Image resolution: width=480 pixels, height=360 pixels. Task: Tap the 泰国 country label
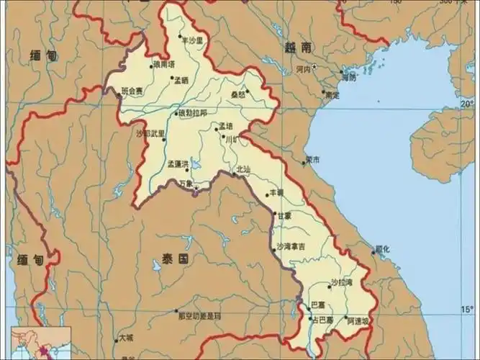pos(175,258)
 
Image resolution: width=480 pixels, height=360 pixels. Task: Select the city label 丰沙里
pos(194,40)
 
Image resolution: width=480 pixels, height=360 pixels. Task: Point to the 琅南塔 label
pos(163,65)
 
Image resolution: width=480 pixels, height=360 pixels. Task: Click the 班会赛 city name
pos(133,91)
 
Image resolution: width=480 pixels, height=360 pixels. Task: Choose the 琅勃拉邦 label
pos(193,114)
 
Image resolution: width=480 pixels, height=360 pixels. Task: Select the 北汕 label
pos(243,170)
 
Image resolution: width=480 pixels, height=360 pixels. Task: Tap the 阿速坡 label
pos(358,320)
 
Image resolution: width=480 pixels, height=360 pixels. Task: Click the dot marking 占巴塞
pos(310,318)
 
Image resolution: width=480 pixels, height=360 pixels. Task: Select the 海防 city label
pos(348,76)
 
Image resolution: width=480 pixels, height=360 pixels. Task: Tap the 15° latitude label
pos(467,310)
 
